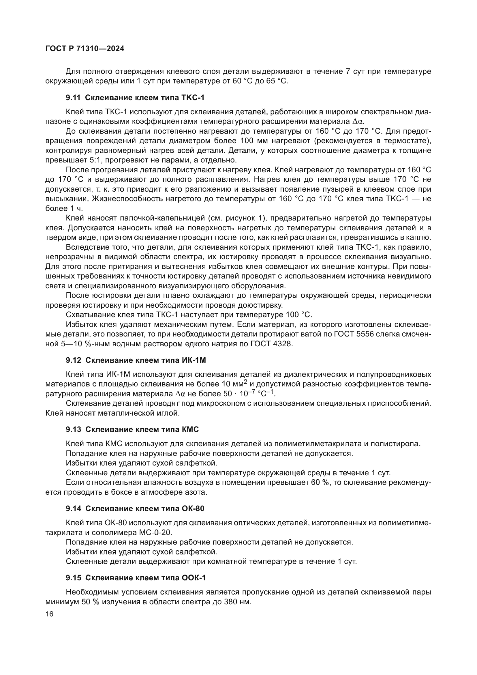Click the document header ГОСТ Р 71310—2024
(x=85, y=49)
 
